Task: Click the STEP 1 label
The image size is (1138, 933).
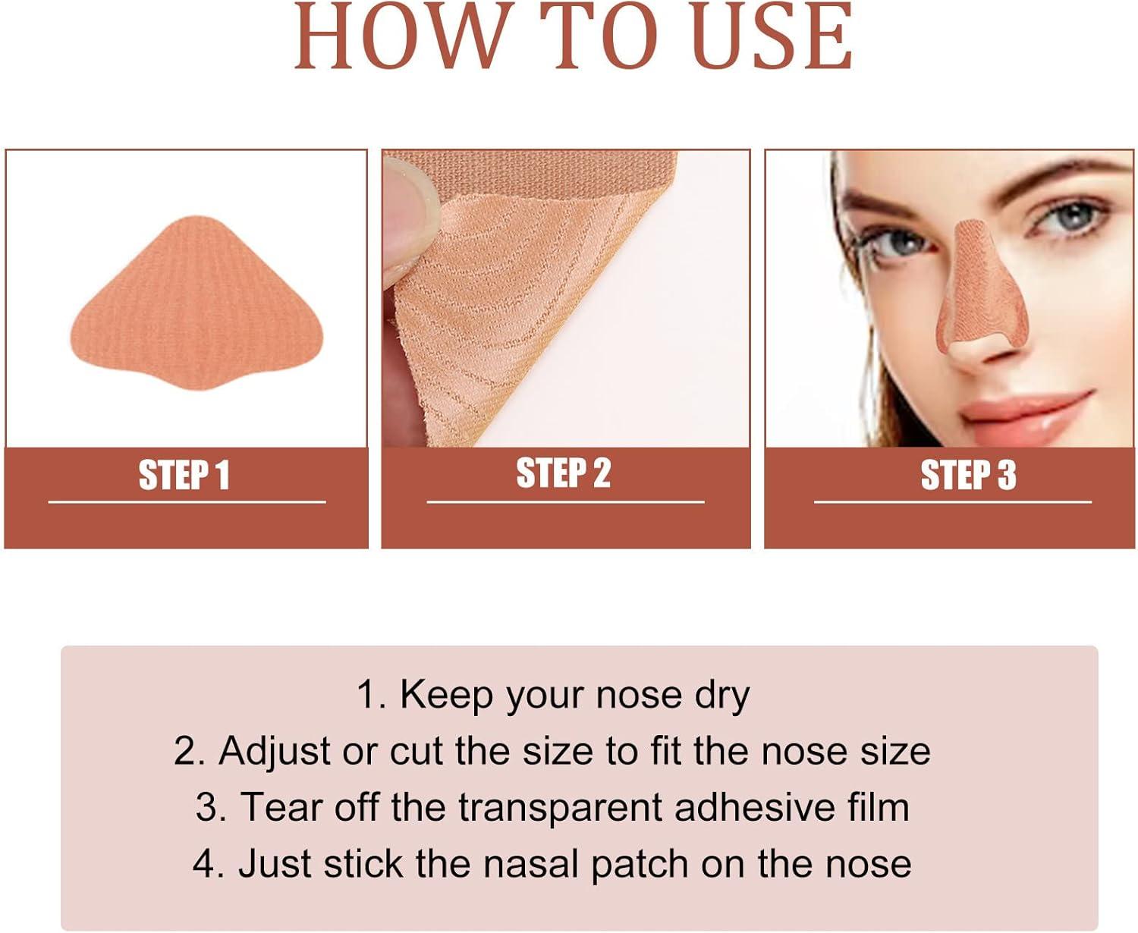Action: point(184,476)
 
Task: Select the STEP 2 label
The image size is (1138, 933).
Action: point(564,473)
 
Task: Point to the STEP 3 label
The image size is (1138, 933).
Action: point(968,476)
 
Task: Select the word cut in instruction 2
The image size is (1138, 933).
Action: point(416,752)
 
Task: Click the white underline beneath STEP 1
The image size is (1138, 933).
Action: point(187,502)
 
